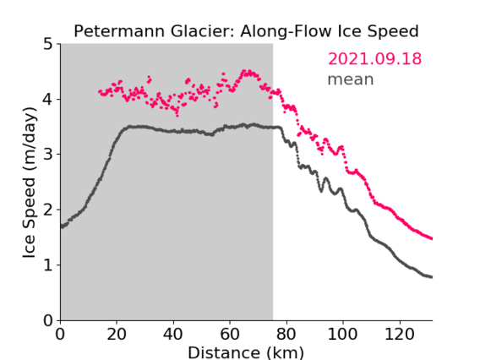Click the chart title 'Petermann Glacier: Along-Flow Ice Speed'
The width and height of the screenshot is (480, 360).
246,31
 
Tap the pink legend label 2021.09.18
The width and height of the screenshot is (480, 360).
374,59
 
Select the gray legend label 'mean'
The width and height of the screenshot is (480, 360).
351,79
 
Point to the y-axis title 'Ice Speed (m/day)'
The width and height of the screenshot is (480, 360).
29,183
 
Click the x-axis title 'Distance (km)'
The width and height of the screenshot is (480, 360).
246,352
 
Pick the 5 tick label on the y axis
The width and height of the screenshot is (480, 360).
48,45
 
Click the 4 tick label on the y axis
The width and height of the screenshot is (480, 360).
48,100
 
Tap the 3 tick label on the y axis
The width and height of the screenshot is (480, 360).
48,155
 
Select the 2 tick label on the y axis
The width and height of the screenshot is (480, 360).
48,210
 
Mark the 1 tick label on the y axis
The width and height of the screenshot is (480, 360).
48,265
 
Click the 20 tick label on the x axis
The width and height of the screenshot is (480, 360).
117,334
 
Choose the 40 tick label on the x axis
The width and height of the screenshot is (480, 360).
173,334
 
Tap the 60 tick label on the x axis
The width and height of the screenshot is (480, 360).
230,334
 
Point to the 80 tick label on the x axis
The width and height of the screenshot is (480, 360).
286,334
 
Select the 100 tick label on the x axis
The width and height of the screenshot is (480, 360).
343,334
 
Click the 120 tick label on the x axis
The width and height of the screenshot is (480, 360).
400,334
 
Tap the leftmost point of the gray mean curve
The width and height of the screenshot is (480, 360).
61,226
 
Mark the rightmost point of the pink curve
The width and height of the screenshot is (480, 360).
431,239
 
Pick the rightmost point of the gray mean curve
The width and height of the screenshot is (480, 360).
431,277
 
